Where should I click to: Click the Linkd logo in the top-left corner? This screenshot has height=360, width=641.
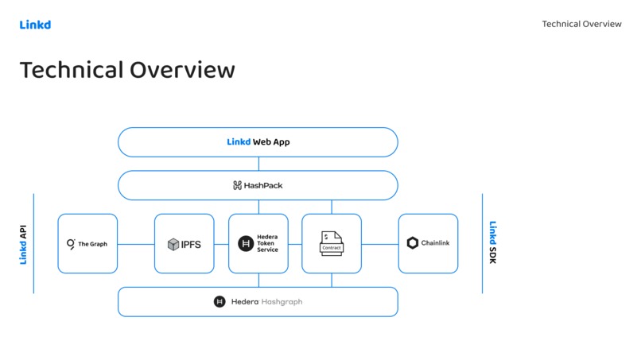tap(35, 25)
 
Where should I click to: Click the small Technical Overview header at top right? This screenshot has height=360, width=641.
tap(581, 24)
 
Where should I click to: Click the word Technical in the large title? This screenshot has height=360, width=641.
tap(71, 70)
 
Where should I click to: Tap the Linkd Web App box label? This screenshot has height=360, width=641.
tap(258, 142)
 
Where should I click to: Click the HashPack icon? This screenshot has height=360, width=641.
tap(237, 185)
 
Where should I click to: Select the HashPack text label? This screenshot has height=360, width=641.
tap(264, 185)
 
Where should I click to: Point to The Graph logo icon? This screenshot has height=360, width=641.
tap(71, 244)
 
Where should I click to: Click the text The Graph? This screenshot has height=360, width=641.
tap(92, 244)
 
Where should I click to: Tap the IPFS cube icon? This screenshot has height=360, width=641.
tap(173, 244)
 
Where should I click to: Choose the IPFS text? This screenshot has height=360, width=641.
tap(191, 244)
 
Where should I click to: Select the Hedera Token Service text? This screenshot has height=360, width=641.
tap(267, 244)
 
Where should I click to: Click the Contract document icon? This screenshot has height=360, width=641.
tap(332, 243)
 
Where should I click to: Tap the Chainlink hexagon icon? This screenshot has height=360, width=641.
tap(413, 243)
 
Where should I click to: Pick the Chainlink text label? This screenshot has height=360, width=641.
tap(435, 243)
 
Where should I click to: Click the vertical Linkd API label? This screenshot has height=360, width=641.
tap(24, 243)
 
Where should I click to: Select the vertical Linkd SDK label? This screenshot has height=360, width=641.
tap(493, 243)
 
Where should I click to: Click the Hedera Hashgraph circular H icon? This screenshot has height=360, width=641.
tap(219, 302)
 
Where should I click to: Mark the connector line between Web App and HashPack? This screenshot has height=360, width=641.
tap(258, 164)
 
